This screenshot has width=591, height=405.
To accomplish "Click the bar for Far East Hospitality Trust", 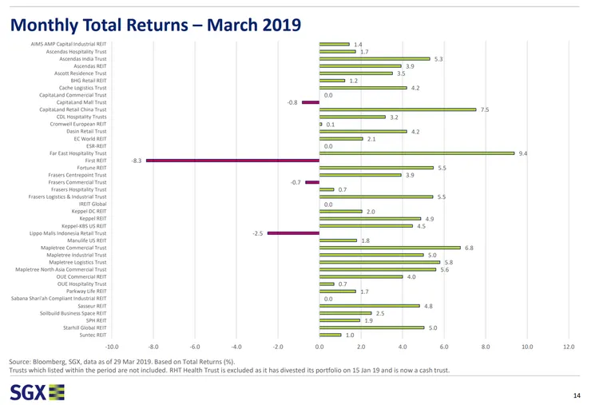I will point(417,153).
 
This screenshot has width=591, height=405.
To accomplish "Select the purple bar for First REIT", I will point(232,161).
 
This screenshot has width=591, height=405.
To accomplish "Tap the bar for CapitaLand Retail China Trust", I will point(397,109).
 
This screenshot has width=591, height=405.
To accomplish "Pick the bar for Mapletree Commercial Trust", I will point(390,248).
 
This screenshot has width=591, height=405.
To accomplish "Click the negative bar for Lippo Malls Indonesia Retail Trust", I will point(293,233).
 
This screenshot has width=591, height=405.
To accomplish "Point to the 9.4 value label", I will point(523,153).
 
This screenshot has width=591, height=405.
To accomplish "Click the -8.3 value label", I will point(137,161).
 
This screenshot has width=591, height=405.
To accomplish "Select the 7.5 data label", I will point(485,109).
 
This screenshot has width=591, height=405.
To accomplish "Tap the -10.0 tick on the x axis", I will point(113,347).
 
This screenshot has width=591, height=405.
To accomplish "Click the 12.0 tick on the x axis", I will point(569,347).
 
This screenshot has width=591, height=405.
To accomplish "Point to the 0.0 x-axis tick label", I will point(319,347).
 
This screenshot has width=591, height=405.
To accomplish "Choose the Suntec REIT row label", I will point(91,335).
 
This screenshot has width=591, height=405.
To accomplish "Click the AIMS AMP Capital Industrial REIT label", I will point(69,44).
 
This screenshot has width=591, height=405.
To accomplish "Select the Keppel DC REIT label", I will point(89,212).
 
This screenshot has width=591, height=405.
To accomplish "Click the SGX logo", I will point(37,391).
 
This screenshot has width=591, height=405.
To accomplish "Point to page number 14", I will point(577,395).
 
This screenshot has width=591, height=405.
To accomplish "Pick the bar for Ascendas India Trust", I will point(375,58).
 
